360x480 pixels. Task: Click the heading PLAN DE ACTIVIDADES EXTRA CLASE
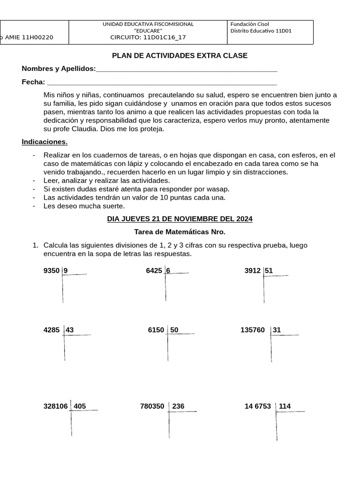click(180, 56)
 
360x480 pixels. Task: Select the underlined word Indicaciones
click(45, 142)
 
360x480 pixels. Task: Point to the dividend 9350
click(52, 270)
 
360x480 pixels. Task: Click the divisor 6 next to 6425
click(168, 270)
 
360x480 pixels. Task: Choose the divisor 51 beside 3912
click(269, 270)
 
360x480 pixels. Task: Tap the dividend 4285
click(52, 330)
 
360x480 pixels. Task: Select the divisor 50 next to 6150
click(174, 330)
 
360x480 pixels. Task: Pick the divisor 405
click(80, 406)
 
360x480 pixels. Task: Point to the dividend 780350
click(152, 406)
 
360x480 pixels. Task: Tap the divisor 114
click(285, 406)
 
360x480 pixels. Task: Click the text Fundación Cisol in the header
click(250, 24)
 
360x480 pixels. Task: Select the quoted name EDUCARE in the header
click(148, 31)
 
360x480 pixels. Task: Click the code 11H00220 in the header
click(37, 38)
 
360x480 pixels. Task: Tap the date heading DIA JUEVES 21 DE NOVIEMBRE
click(180, 219)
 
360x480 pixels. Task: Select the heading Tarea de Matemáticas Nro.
click(180, 232)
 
